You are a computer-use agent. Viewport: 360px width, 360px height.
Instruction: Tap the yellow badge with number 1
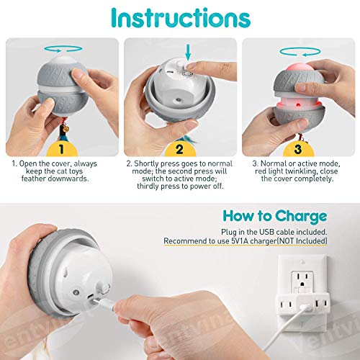pos(62,149)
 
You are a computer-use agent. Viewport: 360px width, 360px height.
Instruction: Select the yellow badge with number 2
pos(180,149)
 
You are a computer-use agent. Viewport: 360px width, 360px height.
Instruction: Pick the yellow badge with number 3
pos(297,149)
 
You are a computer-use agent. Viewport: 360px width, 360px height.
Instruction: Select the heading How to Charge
pos(275,215)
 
